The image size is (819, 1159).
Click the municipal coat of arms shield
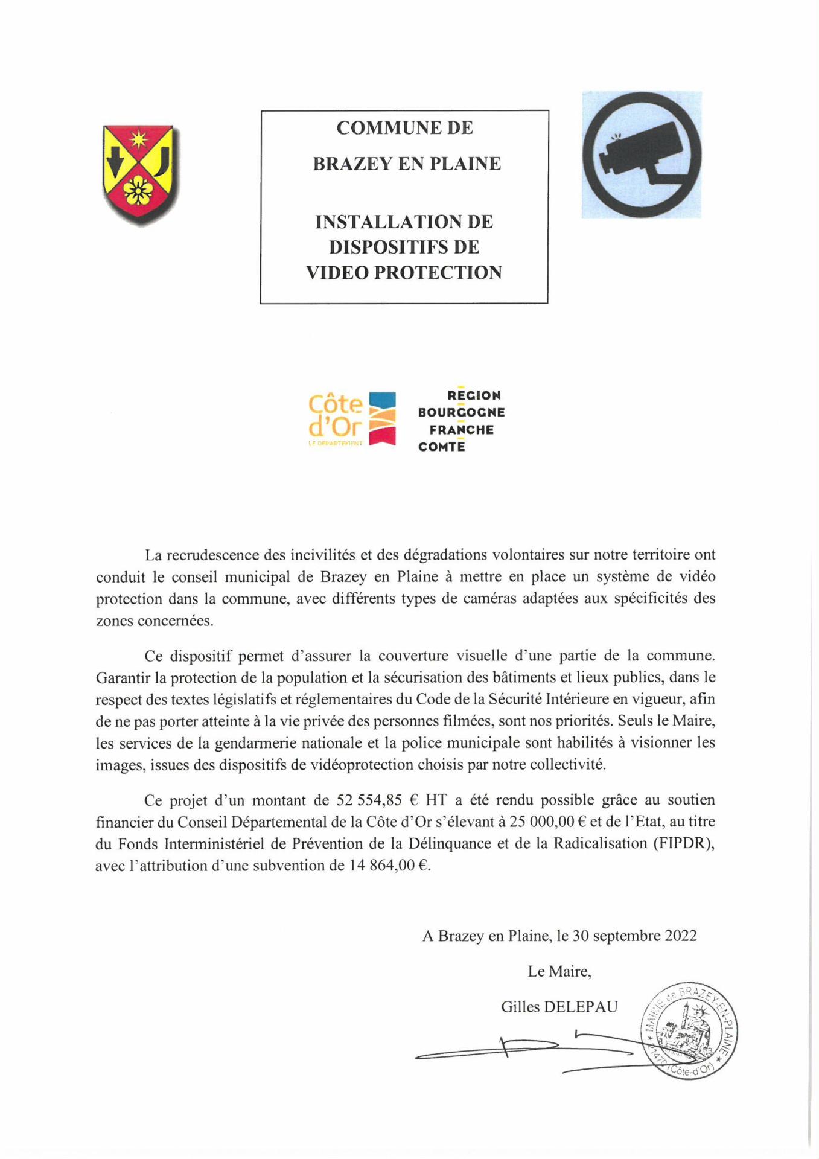138,174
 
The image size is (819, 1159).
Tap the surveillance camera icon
641,155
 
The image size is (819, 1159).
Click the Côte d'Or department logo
351,419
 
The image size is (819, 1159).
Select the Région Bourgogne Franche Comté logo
462,421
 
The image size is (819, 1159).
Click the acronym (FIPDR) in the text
683,843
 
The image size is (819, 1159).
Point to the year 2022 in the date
680,936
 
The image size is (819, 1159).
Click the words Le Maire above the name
559,971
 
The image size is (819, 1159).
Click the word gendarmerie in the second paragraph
293,742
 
